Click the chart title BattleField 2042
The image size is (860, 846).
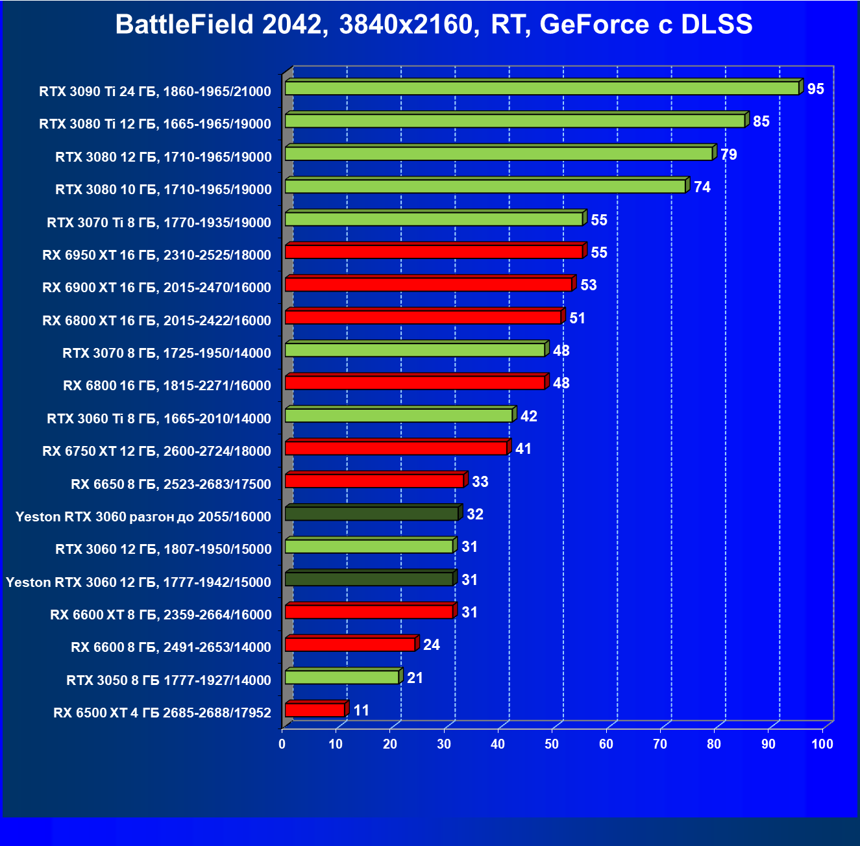434,25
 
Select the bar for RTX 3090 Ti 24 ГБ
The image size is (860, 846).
542,88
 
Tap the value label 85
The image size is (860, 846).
761,121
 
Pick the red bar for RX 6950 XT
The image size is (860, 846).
434,252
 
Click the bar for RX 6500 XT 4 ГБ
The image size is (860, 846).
315,710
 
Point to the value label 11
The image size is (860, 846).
361,710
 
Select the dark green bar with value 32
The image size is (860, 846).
372,514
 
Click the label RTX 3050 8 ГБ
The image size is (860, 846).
169,680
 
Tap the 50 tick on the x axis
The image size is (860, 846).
552,744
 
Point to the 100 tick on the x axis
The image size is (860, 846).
822,744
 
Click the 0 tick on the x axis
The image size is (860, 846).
282,744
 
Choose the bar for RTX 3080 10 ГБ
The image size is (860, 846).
485,186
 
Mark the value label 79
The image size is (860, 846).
728,155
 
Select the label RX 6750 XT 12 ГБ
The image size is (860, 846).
156,451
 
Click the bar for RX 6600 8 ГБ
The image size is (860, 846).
350,645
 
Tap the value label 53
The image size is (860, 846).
588,285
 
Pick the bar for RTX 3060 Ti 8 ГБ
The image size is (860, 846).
399,416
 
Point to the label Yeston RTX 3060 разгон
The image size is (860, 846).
143,516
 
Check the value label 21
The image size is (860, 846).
415,678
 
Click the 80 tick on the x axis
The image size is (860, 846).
714,744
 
